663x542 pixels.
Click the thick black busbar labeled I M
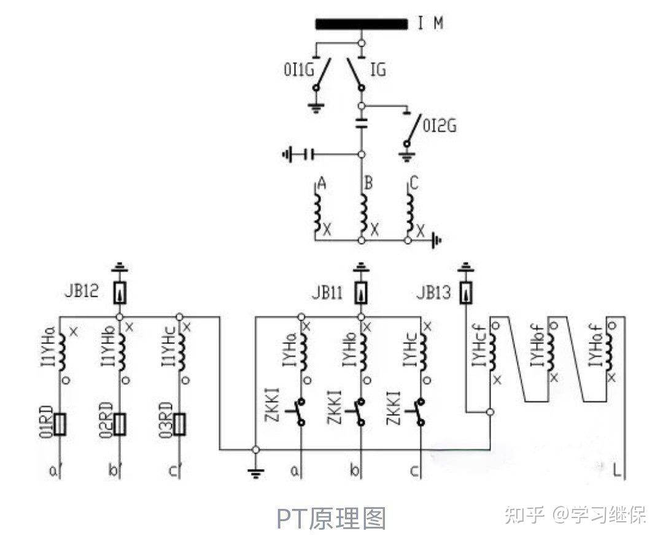point(362,25)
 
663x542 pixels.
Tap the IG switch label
point(378,70)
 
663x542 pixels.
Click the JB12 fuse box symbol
point(120,293)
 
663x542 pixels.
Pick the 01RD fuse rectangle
point(60,423)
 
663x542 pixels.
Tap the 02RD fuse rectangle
point(120,423)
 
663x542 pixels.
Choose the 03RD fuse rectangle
point(179,423)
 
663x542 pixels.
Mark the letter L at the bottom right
point(617,471)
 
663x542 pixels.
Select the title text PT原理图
point(331,519)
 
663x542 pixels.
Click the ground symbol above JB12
point(120,267)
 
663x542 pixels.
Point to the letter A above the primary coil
point(320,182)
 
